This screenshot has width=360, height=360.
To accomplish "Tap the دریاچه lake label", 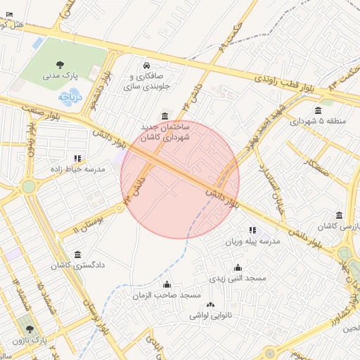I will click(x=71, y=96).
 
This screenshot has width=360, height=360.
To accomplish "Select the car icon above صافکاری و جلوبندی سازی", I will click(x=146, y=65).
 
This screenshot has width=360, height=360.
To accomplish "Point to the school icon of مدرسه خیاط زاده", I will click(x=77, y=158).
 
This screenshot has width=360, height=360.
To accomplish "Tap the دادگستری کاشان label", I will click(x=78, y=266).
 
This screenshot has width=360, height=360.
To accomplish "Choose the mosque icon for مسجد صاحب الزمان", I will click(x=167, y=285).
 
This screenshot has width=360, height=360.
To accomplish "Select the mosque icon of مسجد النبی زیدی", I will click(x=238, y=267).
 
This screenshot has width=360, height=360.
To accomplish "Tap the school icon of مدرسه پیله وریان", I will click(x=252, y=230).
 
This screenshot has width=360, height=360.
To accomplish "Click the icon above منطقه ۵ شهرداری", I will click(x=319, y=110).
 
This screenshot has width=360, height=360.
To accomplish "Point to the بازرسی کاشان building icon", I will click(x=340, y=215).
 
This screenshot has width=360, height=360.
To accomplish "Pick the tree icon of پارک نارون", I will click(x=30, y=328).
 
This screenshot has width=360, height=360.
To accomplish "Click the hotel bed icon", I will click(x=8, y=14).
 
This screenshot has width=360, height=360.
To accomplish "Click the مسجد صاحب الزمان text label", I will click(x=167, y=296).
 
